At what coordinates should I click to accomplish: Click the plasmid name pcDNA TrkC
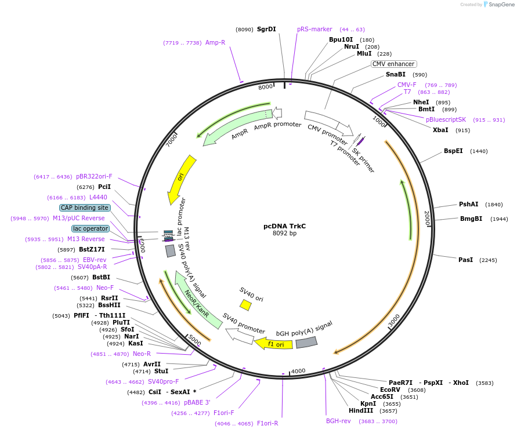pos(284,225)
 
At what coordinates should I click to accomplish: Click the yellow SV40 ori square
pos(245,305)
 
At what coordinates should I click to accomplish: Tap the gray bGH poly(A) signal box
pos(306,343)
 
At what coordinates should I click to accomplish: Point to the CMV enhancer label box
pos(394,64)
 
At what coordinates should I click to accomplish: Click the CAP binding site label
pos(84,208)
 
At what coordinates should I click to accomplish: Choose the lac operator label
pos(91,228)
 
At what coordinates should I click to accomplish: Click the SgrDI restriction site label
pos(266,29)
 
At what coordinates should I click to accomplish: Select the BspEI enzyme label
pos(453,151)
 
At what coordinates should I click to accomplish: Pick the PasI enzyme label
pos(465,260)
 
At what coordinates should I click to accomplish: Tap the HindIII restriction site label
pos(361,410)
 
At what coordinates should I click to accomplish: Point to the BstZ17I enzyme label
pos(92,249)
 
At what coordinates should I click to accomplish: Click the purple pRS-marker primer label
pos(314,29)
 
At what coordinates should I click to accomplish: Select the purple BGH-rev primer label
pos(338,421)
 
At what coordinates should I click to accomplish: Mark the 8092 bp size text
pos(284,234)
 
